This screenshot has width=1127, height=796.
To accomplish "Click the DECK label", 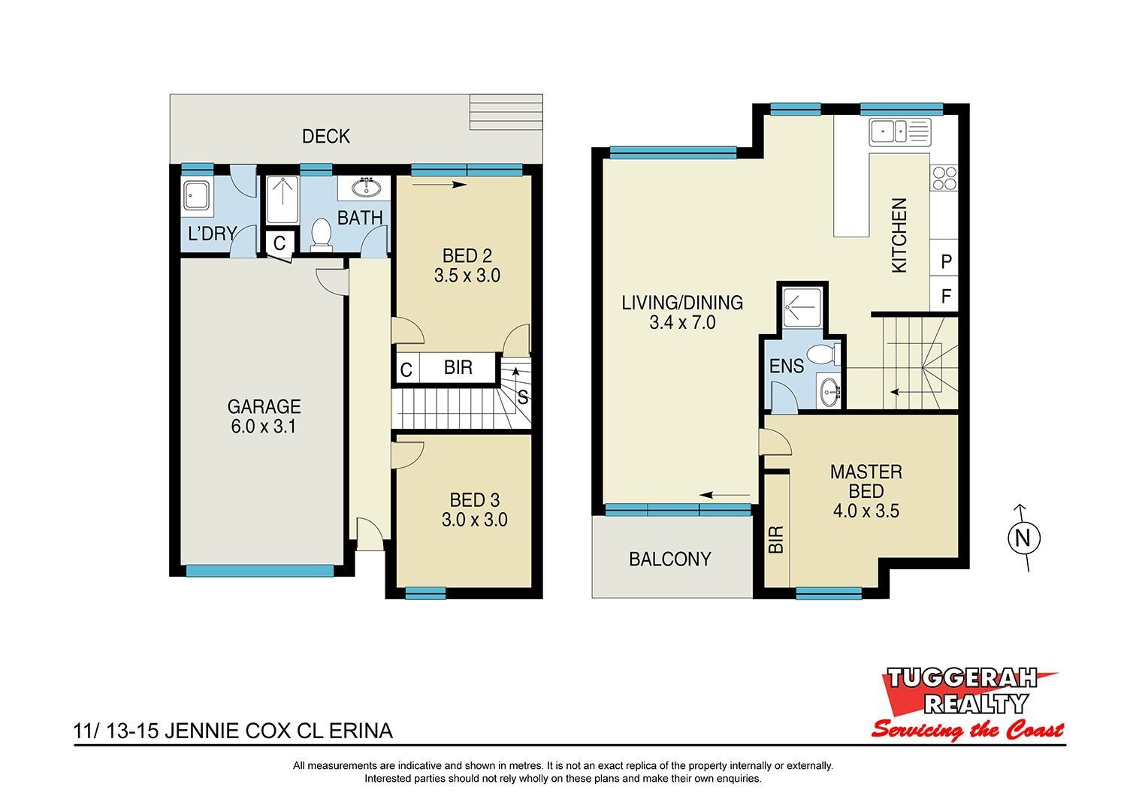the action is (325, 136).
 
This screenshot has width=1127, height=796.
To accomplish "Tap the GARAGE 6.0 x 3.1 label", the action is (264, 416).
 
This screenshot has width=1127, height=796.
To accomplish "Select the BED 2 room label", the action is (467, 266).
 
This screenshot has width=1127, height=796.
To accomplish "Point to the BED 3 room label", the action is (474, 510).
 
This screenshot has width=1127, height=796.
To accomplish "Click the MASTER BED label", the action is (866, 491).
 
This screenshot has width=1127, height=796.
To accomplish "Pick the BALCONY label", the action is (669, 559).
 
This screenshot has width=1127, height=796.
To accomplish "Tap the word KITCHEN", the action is (899, 235).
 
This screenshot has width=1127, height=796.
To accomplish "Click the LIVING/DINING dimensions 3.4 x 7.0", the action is (682, 322).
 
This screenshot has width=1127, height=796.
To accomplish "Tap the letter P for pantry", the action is (946, 261).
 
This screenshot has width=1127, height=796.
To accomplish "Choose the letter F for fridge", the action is (946, 296).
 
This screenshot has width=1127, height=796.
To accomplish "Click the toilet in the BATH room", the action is (321, 235).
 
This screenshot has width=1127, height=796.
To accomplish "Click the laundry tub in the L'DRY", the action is (197, 195).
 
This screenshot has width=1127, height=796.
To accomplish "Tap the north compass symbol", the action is (1023, 538).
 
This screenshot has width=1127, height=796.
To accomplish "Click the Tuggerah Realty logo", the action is (967, 710).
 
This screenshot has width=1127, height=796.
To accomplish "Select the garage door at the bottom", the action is (260, 571).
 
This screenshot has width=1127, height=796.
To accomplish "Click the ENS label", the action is (787, 366).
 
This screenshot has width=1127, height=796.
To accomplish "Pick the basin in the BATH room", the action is (367, 188).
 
